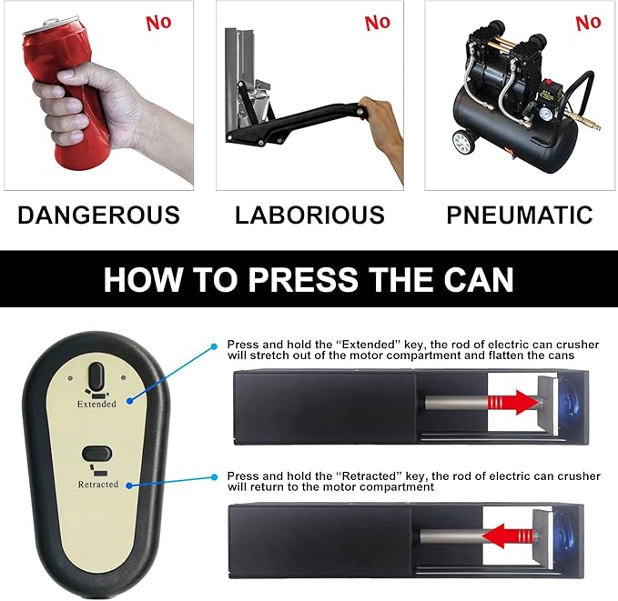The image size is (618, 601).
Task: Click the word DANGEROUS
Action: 98,215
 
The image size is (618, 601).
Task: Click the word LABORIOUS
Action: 309,215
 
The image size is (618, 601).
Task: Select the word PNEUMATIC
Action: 520,215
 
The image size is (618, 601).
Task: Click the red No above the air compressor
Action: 588,23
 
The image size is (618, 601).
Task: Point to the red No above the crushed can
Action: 159,23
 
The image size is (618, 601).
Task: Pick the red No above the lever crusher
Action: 378,23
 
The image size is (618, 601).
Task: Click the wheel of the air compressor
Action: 462,142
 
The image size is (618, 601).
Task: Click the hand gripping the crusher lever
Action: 380,130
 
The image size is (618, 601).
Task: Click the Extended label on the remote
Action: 96,404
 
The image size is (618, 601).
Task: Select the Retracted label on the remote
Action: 98,485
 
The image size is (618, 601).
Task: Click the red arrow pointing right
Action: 513,403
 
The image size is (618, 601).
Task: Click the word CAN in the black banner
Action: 479,279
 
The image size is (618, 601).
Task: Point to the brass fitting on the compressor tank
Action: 582,121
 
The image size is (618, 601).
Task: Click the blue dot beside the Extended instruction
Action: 214,346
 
